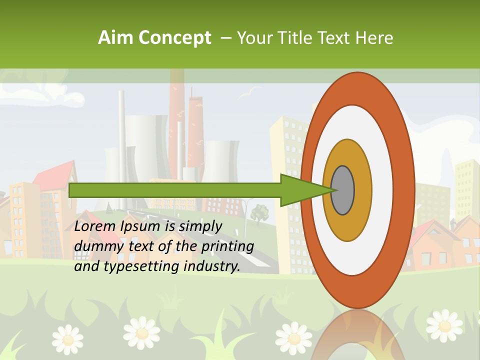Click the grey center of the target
[x=343, y=190]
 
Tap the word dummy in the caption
[x=95, y=246]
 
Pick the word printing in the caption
[x=227, y=246]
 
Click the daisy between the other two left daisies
[x=142, y=332]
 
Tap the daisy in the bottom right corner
[x=444, y=325]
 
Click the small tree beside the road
[x=259, y=214]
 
